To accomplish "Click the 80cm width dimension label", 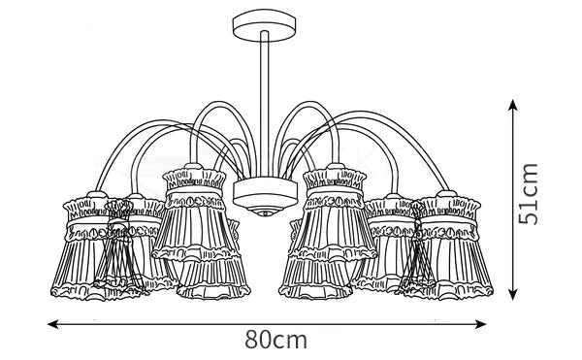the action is pos(275,340).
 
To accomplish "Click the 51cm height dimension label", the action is pos(528,194).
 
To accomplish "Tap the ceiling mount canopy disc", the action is pos(264,25).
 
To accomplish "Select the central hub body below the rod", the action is pos(265,194).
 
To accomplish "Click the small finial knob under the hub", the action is pos(265,213).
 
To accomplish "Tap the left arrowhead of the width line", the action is pos(53,324).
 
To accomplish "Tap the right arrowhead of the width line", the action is pos(481,324).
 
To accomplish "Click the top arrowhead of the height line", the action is pos(512,106).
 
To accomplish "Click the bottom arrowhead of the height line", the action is pos(512,294).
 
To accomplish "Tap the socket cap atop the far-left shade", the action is pos(96,194).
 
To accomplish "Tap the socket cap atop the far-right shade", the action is pos(446,194).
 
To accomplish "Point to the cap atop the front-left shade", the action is pos(194,166).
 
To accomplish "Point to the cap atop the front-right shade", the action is pos(336,166).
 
